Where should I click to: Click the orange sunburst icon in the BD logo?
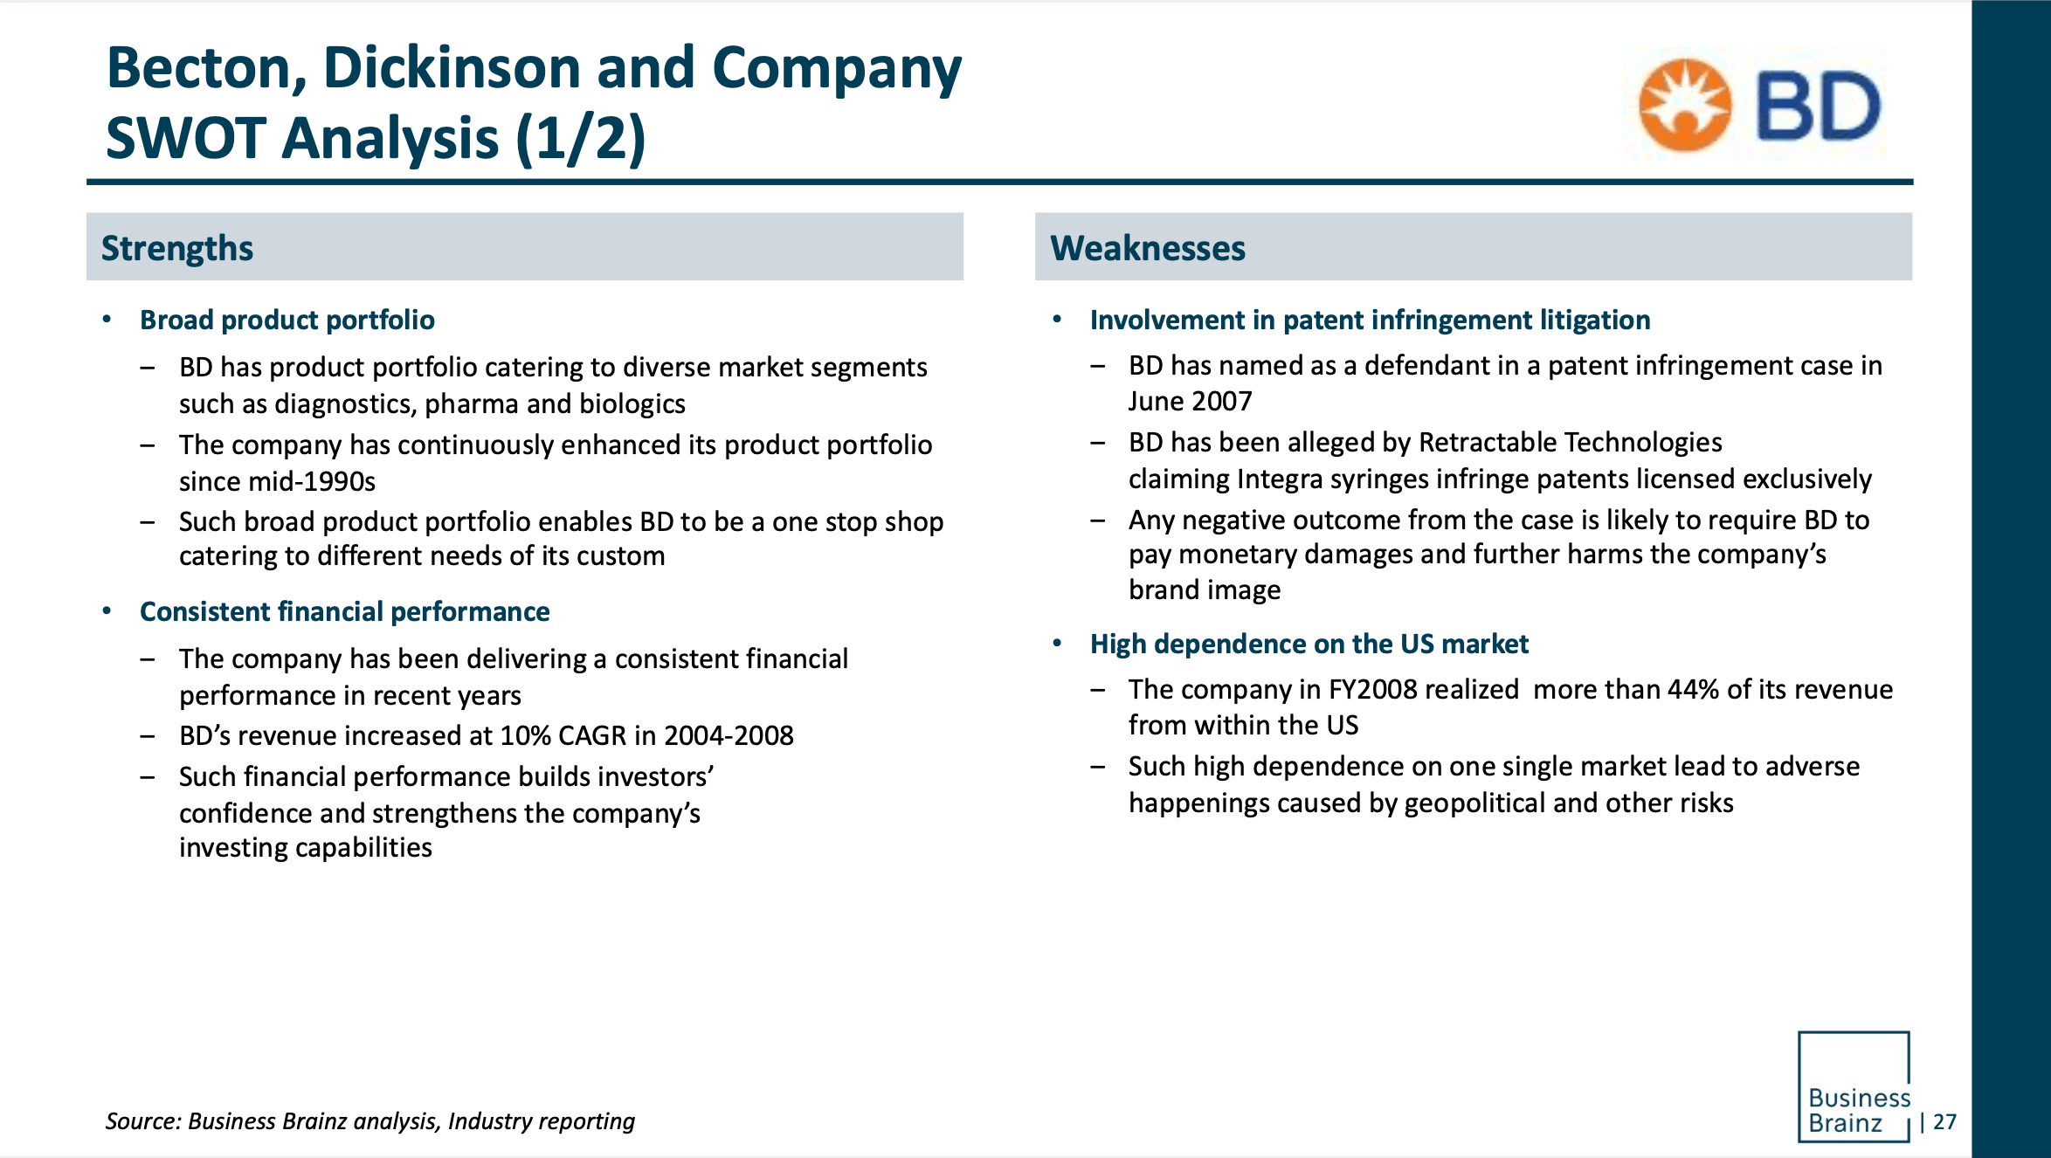pyautogui.click(x=1684, y=106)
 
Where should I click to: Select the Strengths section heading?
pyautogui.click(x=177, y=248)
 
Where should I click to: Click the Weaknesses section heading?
pyautogui.click(x=1147, y=248)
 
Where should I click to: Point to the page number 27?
pyautogui.click(x=1944, y=1121)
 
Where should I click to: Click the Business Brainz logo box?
pyautogui.click(x=1854, y=1086)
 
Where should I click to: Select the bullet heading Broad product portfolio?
pyautogui.click(x=287, y=320)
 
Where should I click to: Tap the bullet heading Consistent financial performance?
pyautogui.click(x=344, y=611)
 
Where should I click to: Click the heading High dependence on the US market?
pyautogui.click(x=1309, y=644)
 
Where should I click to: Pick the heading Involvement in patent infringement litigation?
pyautogui.click(x=1370, y=320)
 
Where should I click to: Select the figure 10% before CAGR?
pyautogui.click(x=525, y=735)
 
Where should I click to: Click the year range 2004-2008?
pyautogui.click(x=728, y=735)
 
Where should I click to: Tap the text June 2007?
pyautogui.click(x=1190, y=401)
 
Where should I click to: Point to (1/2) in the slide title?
pyautogui.click(x=581, y=138)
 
